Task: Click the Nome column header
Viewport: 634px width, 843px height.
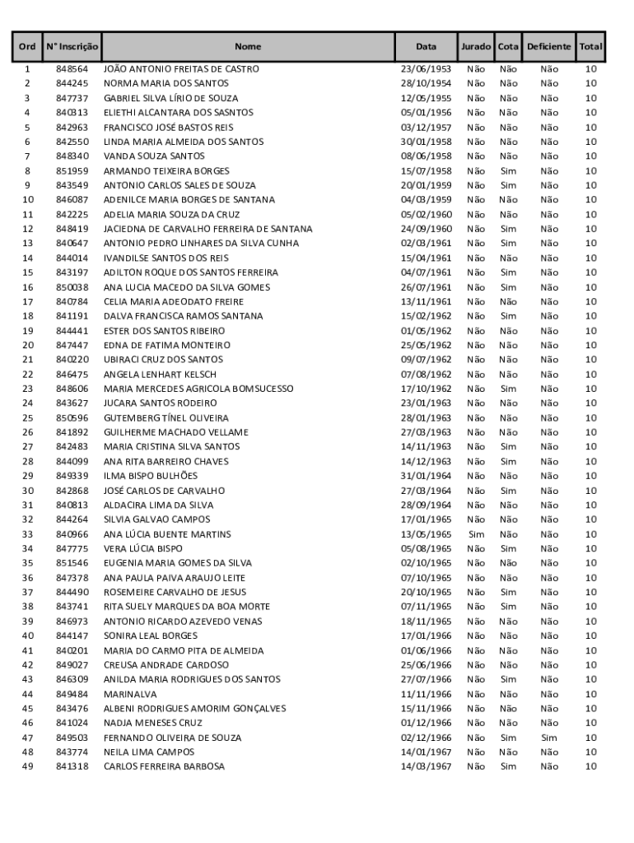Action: (x=247, y=47)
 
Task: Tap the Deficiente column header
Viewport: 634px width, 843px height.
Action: (x=548, y=47)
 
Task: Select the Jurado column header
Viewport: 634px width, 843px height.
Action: (x=476, y=47)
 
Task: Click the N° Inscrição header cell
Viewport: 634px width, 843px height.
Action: (x=72, y=47)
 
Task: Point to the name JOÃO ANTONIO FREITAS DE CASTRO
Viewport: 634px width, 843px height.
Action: (x=181, y=69)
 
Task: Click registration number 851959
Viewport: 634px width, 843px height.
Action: (x=72, y=171)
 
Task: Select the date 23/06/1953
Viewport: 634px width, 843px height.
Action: (x=426, y=69)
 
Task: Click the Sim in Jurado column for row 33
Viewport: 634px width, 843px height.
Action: (x=476, y=534)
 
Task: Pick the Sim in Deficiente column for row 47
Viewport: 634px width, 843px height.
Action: (x=548, y=738)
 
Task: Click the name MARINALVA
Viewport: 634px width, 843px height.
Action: (x=126, y=694)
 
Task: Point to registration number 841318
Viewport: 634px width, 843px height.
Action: (x=72, y=766)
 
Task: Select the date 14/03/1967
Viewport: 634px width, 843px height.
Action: (x=426, y=766)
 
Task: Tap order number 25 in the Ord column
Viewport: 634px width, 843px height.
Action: (x=27, y=418)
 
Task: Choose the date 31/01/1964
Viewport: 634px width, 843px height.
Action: (x=426, y=476)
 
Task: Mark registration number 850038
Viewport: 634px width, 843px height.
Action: (x=72, y=287)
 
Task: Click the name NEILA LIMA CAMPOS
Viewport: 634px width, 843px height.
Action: (x=149, y=752)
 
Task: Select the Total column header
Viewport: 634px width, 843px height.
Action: (x=590, y=47)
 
